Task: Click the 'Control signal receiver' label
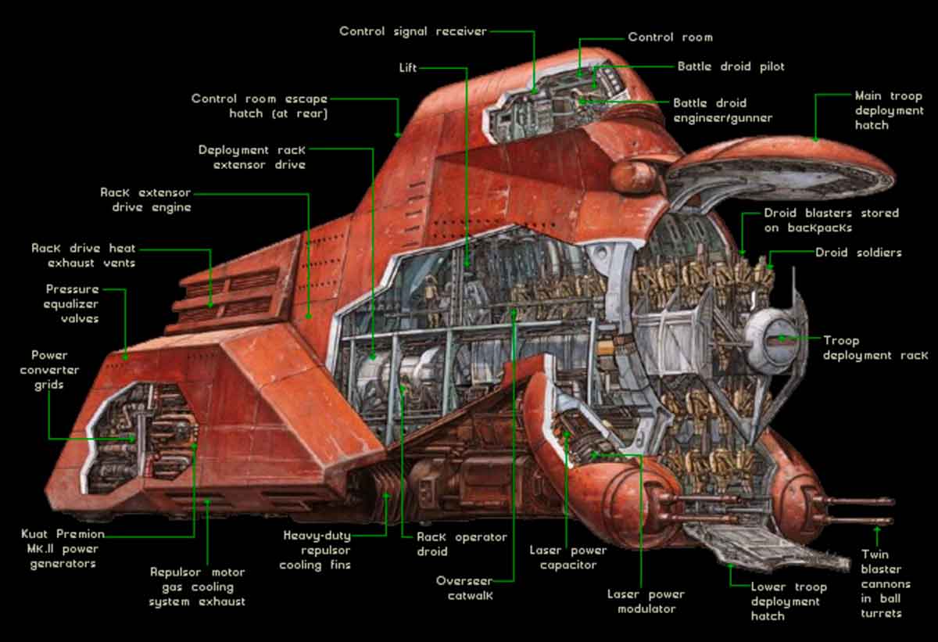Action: click(x=413, y=31)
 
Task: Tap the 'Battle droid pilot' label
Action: click(x=731, y=67)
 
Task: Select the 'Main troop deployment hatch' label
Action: click(x=889, y=110)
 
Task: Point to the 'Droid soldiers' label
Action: click(x=858, y=253)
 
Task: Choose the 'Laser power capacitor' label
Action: click(x=568, y=558)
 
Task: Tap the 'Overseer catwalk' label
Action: click(x=464, y=588)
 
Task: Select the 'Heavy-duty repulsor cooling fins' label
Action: click(x=317, y=551)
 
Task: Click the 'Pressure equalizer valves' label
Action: click(x=71, y=304)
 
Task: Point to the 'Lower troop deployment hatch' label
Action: click(x=789, y=601)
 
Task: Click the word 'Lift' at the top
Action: click(x=409, y=68)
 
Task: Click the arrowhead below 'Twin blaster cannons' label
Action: click(x=877, y=532)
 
